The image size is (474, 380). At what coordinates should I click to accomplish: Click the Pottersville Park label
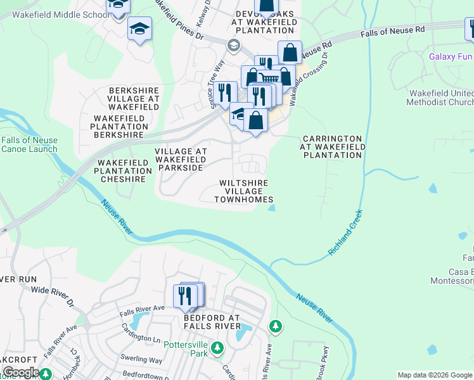pos(186,349)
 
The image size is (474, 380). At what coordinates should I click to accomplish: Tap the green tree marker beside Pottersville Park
pos(217,348)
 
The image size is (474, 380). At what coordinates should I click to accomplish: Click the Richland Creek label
pos(345,232)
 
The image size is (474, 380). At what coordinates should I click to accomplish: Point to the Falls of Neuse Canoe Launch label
pos(29,145)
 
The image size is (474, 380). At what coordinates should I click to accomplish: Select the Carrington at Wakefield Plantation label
pos(332,147)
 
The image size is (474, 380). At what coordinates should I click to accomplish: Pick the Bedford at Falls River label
pos(212,322)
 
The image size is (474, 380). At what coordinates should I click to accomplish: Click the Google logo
pos(21,372)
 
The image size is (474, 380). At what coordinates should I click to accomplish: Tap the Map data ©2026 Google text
pos(435,375)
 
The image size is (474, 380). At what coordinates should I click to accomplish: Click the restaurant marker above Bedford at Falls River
pos(186,296)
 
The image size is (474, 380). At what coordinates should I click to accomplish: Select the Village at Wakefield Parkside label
pos(181,160)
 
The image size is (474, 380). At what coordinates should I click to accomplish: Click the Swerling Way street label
pos(142,360)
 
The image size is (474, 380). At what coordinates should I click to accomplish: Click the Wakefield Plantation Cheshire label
pos(124,171)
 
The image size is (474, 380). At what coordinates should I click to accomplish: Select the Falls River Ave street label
pos(143,308)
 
